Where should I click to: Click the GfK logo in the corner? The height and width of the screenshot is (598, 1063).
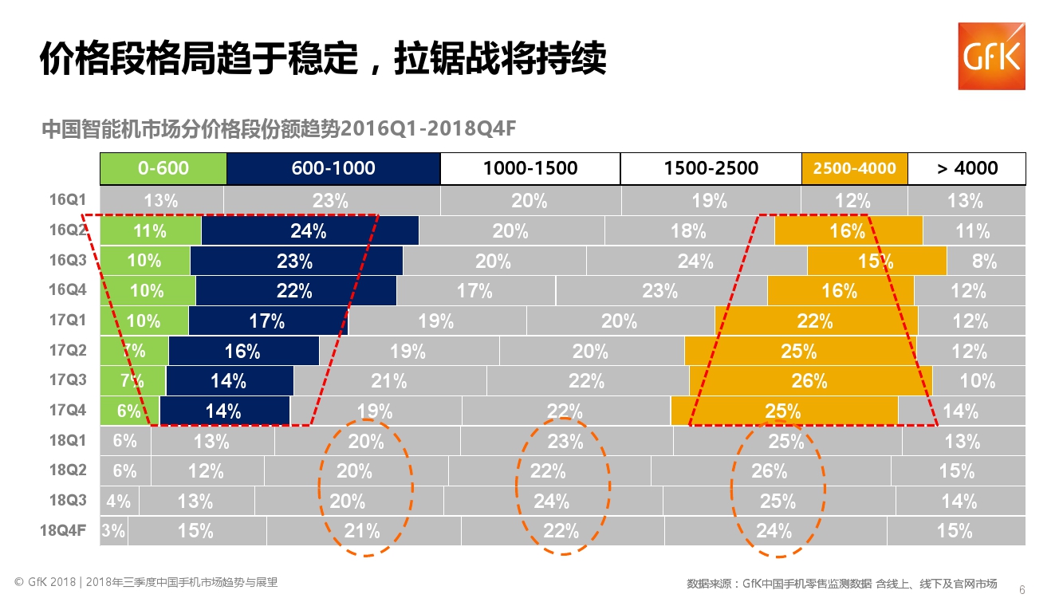coord(991,56)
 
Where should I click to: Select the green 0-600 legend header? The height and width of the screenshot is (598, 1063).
coord(163,168)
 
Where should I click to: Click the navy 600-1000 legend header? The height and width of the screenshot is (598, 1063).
coord(333,168)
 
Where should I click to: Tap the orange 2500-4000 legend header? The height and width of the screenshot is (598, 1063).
coord(854,168)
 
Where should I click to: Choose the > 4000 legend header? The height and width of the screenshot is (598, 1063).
coord(967,168)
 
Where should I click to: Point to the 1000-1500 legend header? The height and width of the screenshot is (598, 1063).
coord(530,168)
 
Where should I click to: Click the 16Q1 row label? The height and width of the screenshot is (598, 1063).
coord(68,199)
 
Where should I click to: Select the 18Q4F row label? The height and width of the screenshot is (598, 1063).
coord(63,530)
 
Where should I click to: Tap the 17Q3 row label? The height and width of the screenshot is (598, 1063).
coord(68,380)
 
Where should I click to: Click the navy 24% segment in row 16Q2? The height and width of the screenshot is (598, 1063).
coord(309,231)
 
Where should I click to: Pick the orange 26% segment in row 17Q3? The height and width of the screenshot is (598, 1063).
coord(809,381)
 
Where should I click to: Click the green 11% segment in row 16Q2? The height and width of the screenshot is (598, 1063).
coord(151,231)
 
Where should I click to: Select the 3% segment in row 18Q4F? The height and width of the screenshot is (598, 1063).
coord(114,531)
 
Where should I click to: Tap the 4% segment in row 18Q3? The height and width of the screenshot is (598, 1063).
coord(119,502)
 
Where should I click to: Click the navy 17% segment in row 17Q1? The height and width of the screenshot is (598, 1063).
coord(268,321)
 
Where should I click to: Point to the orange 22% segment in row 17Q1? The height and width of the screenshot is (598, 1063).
coord(816,321)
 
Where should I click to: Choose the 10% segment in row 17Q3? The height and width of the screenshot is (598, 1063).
coord(978,381)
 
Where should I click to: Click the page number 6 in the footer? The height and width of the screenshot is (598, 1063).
coord(1022,589)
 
